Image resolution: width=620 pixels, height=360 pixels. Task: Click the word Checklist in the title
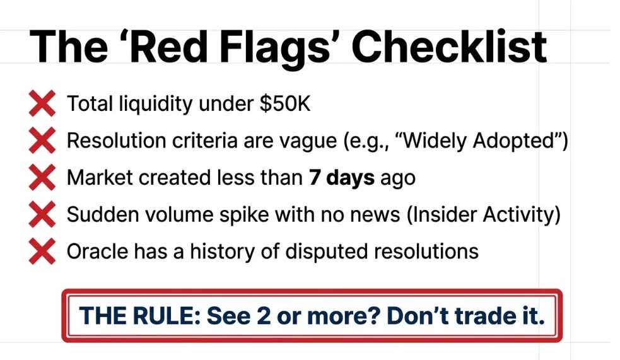point(449,47)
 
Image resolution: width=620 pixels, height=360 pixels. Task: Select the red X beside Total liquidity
point(42,103)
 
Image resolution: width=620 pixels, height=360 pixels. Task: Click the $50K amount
point(284,103)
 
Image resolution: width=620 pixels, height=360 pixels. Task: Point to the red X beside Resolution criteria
point(42,141)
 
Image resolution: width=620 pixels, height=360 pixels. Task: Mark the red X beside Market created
point(42,177)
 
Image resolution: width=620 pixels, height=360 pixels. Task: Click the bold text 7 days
point(342,178)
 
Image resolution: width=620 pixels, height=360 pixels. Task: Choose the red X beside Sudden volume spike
point(42,214)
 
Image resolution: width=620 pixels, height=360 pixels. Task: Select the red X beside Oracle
point(42,252)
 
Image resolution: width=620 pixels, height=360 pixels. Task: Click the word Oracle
point(97,252)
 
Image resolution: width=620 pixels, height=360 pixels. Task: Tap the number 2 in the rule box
point(264,316)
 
